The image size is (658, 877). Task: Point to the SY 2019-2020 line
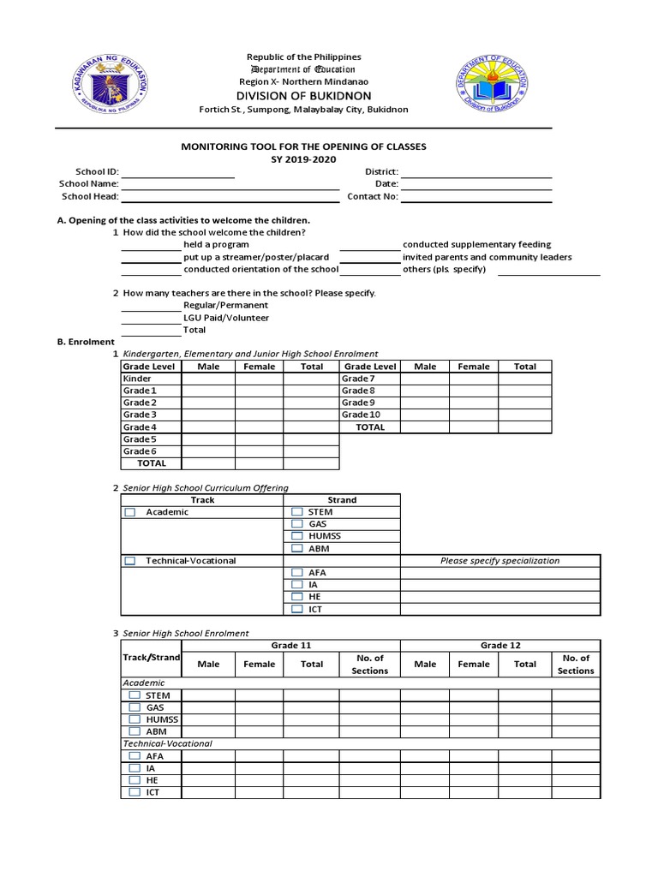[x=303, y=160]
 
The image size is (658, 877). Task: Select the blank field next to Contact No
[x=476, y=196]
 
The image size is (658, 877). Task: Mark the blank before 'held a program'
[x=151, y=245]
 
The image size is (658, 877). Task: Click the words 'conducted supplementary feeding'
[x=476, y=245]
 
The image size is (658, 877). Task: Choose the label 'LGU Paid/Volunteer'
[x=226, y=318]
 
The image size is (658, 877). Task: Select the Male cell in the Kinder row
[x=208, y=379]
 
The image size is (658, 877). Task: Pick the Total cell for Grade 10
[x=525, y=415]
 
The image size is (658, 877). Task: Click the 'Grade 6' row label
[x=140, y=451]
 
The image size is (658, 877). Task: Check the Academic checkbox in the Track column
[x=130, y=512]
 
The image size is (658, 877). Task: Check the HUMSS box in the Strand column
[x=297, y=536]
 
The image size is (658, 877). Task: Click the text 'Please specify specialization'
[x=499, y=561]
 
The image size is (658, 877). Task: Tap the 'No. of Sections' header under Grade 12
[x=575, y=665]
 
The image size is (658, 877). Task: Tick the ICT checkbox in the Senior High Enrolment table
[x=135, y=792]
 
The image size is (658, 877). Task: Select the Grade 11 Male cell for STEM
[x=208, y=696]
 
